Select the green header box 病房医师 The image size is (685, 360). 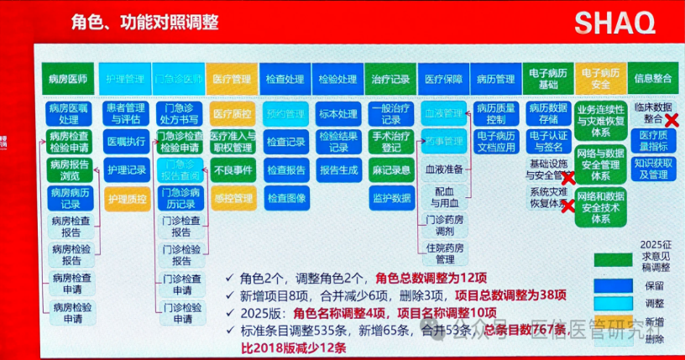68,80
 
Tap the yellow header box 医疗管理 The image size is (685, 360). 232,80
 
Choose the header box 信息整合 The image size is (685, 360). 653,80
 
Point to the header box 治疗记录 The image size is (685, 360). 390,80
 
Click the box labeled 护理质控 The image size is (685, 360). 125,199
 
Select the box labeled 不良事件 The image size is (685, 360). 232,170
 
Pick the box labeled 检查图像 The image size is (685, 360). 285,199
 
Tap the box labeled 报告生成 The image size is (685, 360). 337,170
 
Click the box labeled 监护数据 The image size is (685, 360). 390,199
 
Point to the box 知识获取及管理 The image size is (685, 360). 652,169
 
